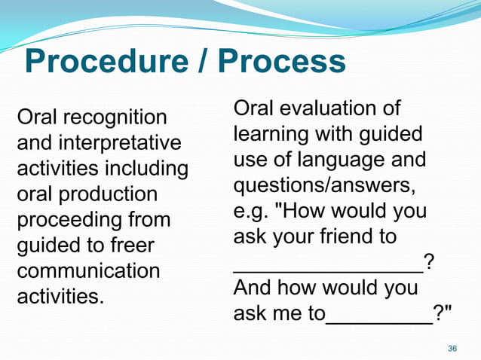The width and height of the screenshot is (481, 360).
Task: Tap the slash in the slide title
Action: coord(202,63)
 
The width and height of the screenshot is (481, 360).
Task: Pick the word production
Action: coord(108,194)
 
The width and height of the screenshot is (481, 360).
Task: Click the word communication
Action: coord(88,270)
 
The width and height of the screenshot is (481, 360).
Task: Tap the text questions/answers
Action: coord(325,185)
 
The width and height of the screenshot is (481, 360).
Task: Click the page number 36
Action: coord(452,349)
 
